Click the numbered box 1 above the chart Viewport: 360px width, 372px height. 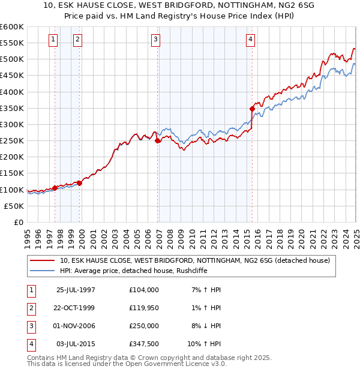pyautogui.click(x=53, y=40)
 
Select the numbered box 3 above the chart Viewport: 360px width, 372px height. pyautogui.click(x=155, y=40)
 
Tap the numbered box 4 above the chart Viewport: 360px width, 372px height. pyautogui.click(x=250, y=40)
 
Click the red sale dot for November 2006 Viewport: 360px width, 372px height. pyautogui.click(x=158, y=141)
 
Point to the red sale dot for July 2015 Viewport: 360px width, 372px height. pyautogui.click(x=252, y=109)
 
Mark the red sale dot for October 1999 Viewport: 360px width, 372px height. pyautogui.click(x=80, y=183)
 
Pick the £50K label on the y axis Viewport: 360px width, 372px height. pyautogui.click(x=14, y=206)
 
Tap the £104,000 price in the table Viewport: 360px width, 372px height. pyautogui.click(x=144, y=290)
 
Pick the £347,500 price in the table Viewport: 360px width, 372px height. pyautogui.click(x=144, y=344)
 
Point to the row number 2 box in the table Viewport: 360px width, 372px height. pyautogui.click(x=30, y=308)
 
